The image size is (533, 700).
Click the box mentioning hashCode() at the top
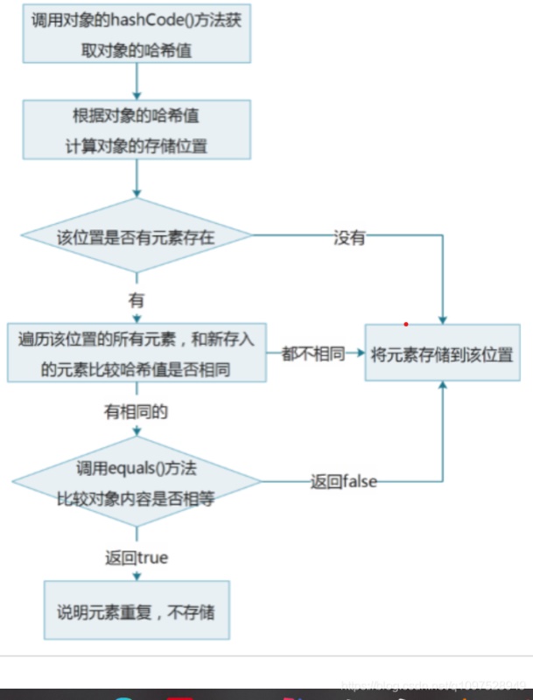[137, 34]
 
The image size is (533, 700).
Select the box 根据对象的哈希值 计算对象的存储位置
[137, 129]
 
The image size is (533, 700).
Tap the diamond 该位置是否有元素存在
[137, 237]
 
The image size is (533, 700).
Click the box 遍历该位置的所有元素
[137, 353]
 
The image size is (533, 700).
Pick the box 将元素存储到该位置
[442, 353]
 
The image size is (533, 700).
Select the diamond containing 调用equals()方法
[137, 482]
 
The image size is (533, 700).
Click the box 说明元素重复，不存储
[137, 610]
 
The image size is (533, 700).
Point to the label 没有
[349, 237]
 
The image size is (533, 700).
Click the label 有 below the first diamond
[137, 300]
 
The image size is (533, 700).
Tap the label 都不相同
[312, 353]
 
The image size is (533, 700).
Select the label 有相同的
[137, 409]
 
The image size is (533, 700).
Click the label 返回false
[343, 481]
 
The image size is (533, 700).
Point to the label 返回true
[137, 557]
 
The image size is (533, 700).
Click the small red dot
[406, 324]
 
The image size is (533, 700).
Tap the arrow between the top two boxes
[137, 81]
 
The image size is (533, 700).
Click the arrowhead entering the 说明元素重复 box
[137, 576]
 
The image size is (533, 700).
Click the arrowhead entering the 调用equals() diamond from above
[137, 430]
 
